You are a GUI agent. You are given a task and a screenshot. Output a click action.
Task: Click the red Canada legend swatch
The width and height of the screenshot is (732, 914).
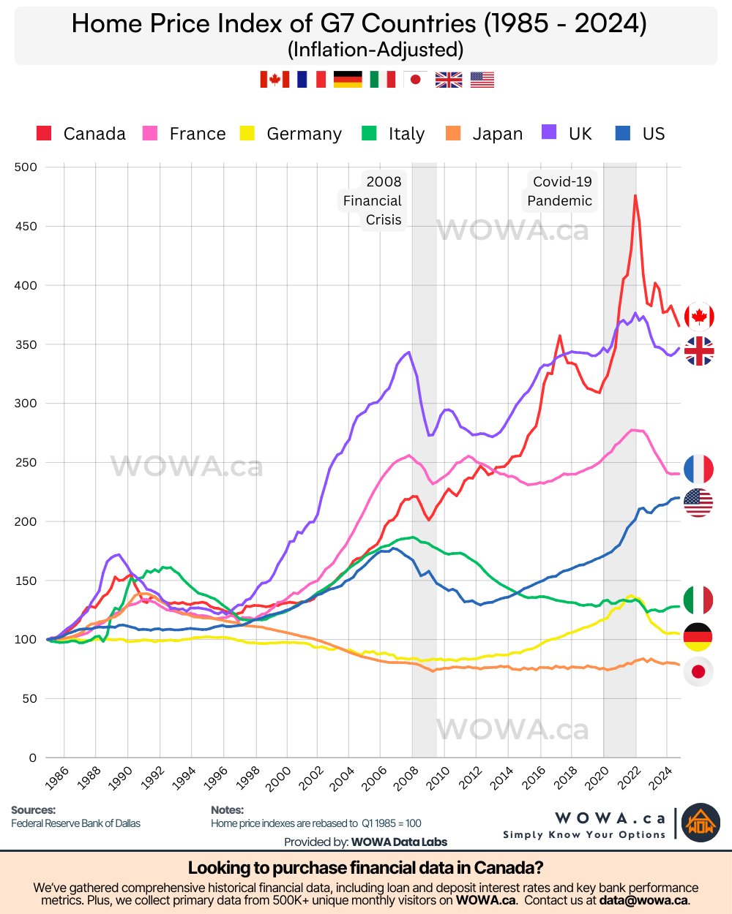click(44, 133)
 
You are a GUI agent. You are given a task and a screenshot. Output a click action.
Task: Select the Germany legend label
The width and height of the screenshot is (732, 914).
click(304, 134)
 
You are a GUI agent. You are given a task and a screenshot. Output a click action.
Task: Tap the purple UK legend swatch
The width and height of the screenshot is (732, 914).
click(549, 132)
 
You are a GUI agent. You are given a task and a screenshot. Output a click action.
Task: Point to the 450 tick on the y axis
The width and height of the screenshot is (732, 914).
click(25, 226)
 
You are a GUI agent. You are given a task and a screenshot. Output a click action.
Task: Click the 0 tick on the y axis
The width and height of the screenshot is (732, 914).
click(32, 758)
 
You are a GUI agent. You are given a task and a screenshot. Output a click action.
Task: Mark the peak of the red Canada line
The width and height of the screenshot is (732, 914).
click(635, 195)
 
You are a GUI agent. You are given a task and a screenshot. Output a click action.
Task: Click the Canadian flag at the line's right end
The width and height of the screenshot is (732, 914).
click(699, 317)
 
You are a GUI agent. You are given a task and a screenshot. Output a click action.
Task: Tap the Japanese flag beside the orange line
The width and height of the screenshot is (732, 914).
click(698, 671)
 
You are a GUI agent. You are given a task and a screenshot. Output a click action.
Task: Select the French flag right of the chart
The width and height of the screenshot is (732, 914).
click(698, 469)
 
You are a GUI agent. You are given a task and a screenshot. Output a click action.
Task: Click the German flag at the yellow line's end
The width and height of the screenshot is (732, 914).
click(698, 637)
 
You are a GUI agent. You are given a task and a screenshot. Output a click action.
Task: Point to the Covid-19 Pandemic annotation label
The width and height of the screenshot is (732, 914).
click(560, 191)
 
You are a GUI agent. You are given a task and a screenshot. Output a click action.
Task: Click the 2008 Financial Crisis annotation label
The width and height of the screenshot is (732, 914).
click(373, 200)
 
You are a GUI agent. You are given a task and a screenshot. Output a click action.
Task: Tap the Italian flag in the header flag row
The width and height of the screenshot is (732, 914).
click(382, 79)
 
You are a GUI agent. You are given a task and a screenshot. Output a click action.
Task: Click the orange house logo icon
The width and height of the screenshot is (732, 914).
click(701, 823)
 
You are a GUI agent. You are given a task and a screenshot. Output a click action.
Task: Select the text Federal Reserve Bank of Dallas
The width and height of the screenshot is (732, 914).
click(75, 823)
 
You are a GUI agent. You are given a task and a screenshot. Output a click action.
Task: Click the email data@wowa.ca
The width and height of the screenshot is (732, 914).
click(643, 900)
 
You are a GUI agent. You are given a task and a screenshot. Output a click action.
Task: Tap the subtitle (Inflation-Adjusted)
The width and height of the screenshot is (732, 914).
click(376, 49)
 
